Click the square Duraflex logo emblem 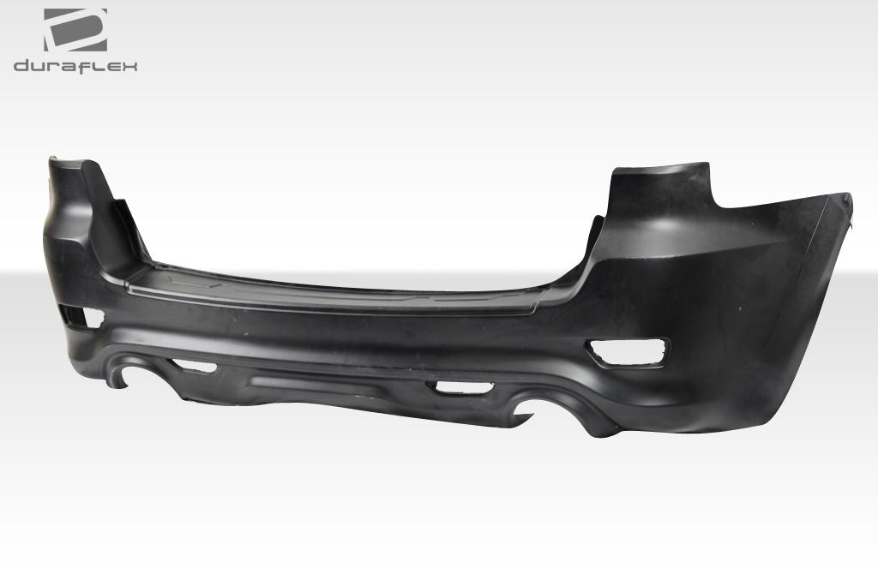pos(75,31)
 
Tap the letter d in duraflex pos(22,66)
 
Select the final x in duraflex pos(129,66)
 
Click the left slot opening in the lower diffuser pos(195,366)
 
